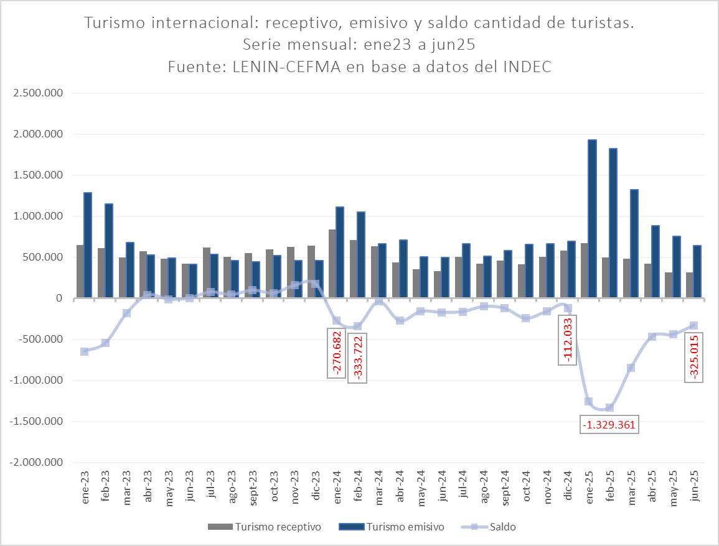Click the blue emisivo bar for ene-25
click(593, 219)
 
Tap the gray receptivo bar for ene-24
click(332, 264)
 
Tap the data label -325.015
click(694, 357)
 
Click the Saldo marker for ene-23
click(85, 351)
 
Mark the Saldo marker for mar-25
click(631, 368)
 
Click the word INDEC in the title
click(527, 67)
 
